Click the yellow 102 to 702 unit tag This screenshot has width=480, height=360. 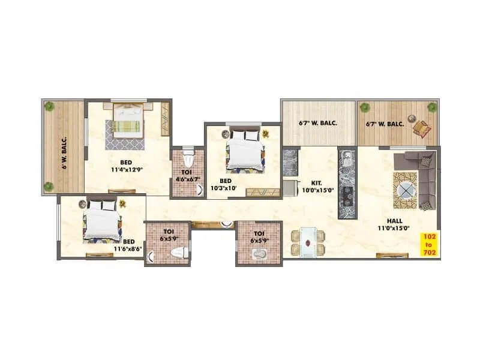click(429, 244)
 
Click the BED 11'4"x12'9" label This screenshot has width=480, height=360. click(126, 166)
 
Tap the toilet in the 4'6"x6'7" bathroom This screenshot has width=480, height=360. click(188, 159)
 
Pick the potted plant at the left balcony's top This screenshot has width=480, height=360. click(49, 107)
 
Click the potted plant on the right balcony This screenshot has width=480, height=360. click(431, 107)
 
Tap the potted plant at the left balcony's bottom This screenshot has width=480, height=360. click(49, 187)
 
